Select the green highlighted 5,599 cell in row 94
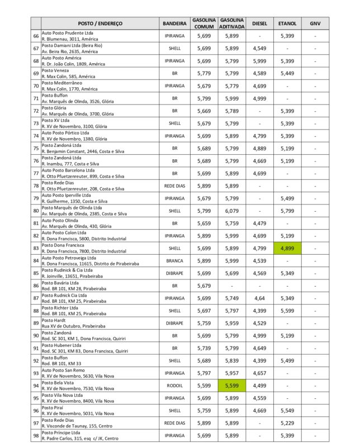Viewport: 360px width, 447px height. click(x=232, y=386)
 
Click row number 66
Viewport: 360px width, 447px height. click(x=36, y=36)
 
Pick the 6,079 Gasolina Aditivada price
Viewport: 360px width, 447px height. click(x=232, y=211)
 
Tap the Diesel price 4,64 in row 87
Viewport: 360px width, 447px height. click(x=259, y=298)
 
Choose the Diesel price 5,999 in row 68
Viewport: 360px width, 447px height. click(x=259, y=61)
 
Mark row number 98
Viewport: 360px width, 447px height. click(x=36, y=436)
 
